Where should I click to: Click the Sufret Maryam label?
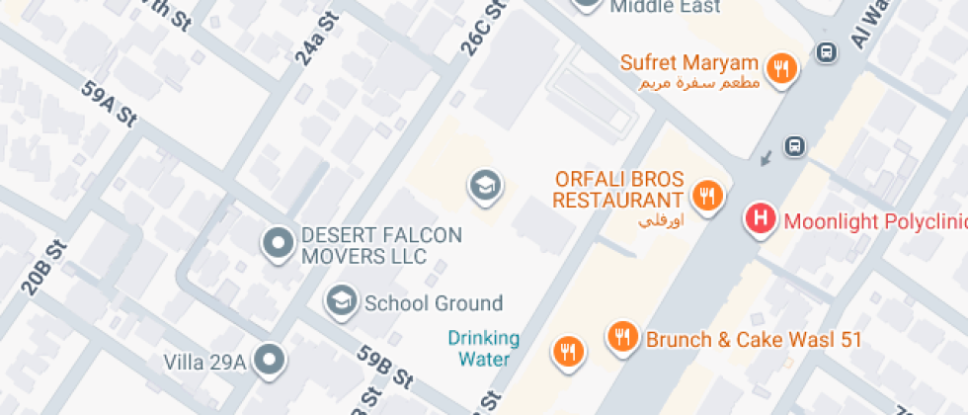click(689, 63)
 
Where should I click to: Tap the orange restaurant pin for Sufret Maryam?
click(783, 68)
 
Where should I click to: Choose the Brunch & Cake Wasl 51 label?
click(755, 340)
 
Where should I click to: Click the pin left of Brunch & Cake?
click(621, 336)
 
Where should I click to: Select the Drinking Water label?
click(483, 349)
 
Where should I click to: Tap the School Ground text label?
click(434, 303)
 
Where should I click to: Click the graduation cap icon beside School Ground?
click(342, 300)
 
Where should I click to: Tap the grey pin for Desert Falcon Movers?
click(278, 242)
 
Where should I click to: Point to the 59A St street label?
click(108, 104)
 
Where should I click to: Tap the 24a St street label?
click(310, 47)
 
